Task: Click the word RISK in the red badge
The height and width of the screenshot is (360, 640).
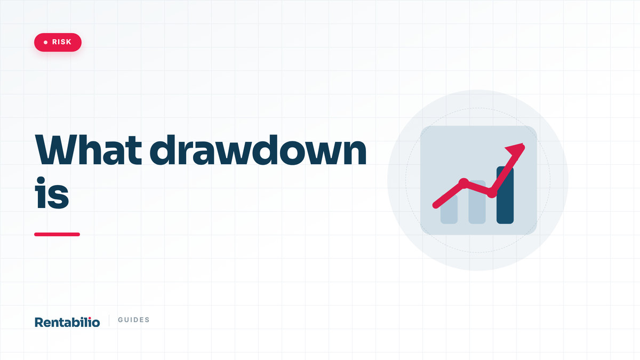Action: click(x=61, y=42)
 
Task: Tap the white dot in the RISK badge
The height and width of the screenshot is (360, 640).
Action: click(x=45, y=42)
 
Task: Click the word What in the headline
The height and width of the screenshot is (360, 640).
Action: click(x=89, y=150)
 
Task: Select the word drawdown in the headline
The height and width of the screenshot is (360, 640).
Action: click(x=258, y=150)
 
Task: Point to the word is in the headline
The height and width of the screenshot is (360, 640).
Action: click(x=52, y=193)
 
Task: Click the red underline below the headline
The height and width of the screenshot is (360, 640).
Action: click(x=57, y=234)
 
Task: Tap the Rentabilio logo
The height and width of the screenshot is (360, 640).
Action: click(x=67, y=322)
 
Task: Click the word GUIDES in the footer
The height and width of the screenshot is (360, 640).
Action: click(x=134, y=319)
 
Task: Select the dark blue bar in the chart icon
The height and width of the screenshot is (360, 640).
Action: click(x=505, y=195)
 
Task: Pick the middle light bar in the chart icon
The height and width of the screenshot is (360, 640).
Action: click(x=477, y=202)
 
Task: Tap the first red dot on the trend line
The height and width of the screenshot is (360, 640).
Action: click(x=463, y=183)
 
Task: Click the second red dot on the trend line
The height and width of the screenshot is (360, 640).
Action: click(x=491, y=193)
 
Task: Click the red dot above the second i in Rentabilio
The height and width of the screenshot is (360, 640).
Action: click(x=90, y=318)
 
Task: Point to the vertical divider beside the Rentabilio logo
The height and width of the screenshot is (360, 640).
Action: click(x=109, y=321)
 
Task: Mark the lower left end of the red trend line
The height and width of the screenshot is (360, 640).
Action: click(x=435, y=205)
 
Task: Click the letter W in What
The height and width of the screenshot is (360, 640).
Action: click(x=57, y=150)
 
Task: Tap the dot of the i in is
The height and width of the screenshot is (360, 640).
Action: click(x=41, y=181)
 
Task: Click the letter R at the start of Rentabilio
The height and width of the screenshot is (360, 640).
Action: click(x=39, y=322)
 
